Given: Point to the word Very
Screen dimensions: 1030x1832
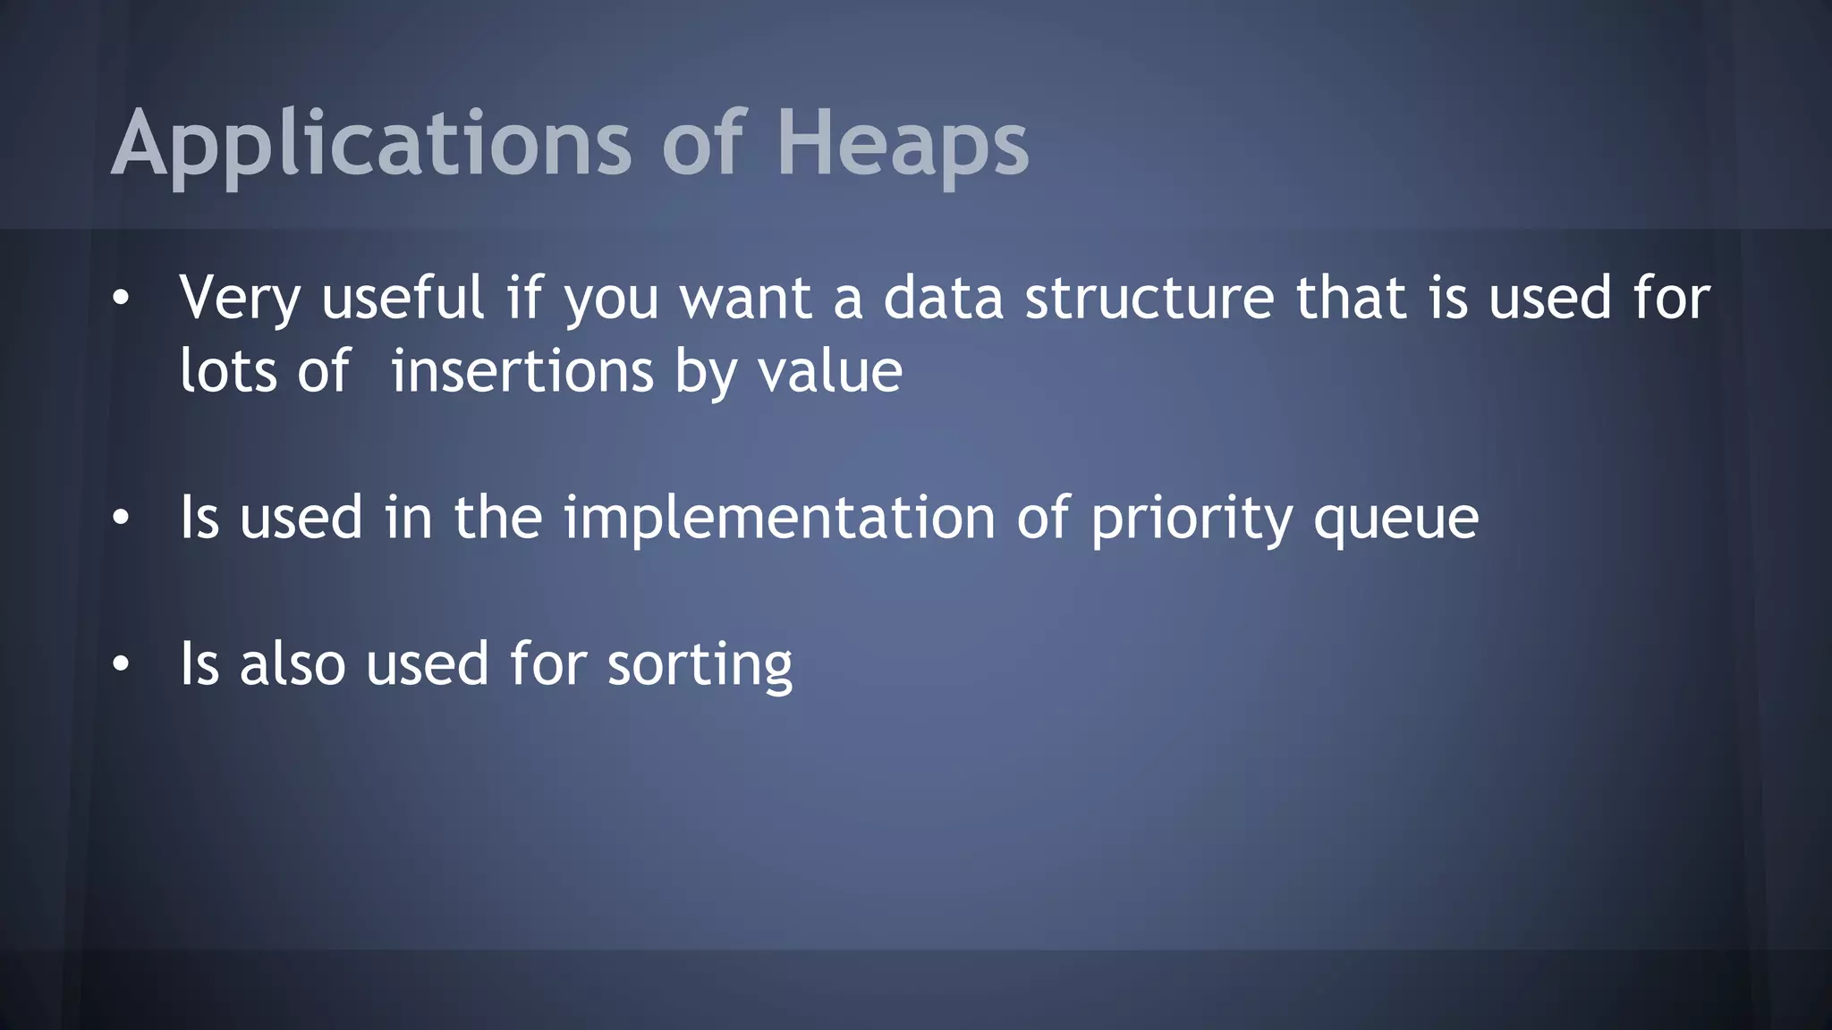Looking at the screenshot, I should (x=240, y=299).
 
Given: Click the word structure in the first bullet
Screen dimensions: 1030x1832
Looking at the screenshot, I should (x=1149, y=299).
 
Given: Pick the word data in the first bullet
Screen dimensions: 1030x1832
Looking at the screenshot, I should (x=943, y=299).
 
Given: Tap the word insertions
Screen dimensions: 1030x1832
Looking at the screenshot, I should (x=522, y=371).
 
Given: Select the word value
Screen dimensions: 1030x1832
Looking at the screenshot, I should (x=830, y=371).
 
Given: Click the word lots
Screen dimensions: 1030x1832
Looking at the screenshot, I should (x=228, y=371).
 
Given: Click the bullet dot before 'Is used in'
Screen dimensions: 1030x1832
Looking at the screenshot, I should (x=121, y=518).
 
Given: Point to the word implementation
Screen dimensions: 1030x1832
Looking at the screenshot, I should (x=779, y=519).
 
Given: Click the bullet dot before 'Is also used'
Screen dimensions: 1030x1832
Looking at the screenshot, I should (x=121, y=664).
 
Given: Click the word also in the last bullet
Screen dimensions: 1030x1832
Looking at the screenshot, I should (x=293, y=664).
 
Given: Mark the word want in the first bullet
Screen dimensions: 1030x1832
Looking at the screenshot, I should (x=746, y=299).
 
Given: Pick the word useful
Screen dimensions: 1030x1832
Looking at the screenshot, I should (x=403, y=299).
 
